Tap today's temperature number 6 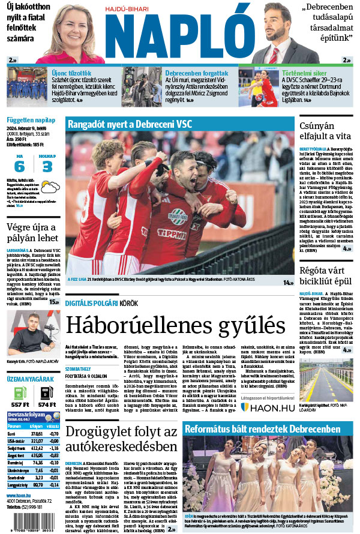pos(20,166)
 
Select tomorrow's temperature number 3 pos(47,166)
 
